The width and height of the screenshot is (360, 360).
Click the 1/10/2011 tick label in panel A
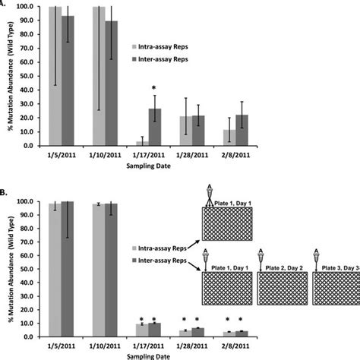[x=104, y=156]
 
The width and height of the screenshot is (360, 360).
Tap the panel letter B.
[x=5, y=194]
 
